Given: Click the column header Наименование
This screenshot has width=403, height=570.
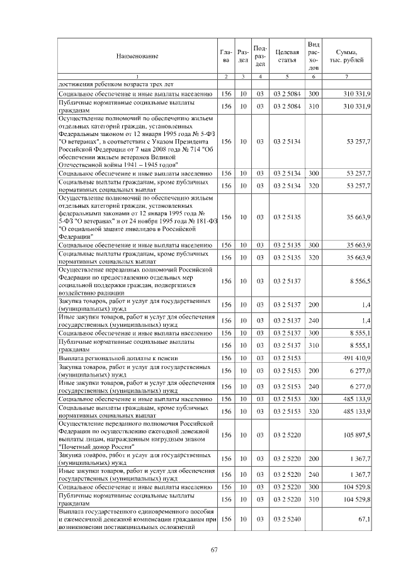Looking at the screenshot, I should (x=137, y=56).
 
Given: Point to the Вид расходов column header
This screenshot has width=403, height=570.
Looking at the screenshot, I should (x=314, y=55).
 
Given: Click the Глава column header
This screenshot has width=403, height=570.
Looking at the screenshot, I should (x=226, y=56).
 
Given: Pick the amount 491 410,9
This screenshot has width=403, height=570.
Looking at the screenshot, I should (x=357, y=357).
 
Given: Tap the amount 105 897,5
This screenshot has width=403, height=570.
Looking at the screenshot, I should (x=357, y=435).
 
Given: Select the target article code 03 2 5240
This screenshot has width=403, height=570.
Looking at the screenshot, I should (x=287, y=519).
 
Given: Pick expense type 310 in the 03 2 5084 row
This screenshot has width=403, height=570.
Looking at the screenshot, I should (x=314, y=106).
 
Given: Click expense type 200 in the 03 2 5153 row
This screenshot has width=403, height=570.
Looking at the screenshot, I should (x=314, y=370).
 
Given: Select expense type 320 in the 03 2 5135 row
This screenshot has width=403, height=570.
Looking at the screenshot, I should (x=314, y=257).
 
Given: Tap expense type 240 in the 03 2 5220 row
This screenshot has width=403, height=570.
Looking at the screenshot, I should (x=314, y=474).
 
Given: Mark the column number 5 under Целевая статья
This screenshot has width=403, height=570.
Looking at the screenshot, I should (x=287, y=76).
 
